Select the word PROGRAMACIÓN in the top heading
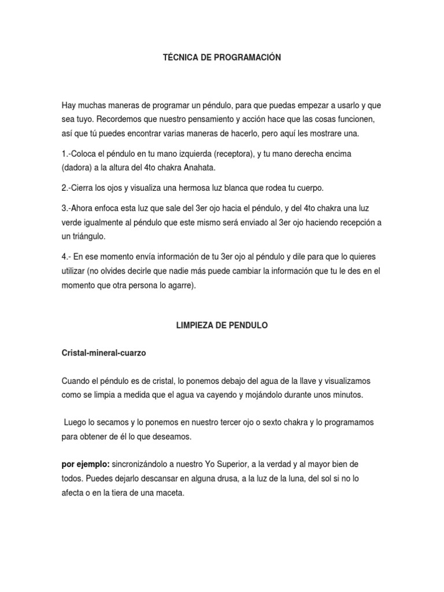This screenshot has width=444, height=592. pyautogui.click(x=245, y=58)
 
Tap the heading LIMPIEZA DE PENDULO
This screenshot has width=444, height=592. pyautogui.click(x=222, y=325)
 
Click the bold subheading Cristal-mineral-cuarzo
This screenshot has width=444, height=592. pyautogui.click(x=104, y=353)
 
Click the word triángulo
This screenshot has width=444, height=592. pyautogui.click(x=90, y=237)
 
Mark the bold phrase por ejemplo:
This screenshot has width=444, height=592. pyautogui.click(x=86, y=464)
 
